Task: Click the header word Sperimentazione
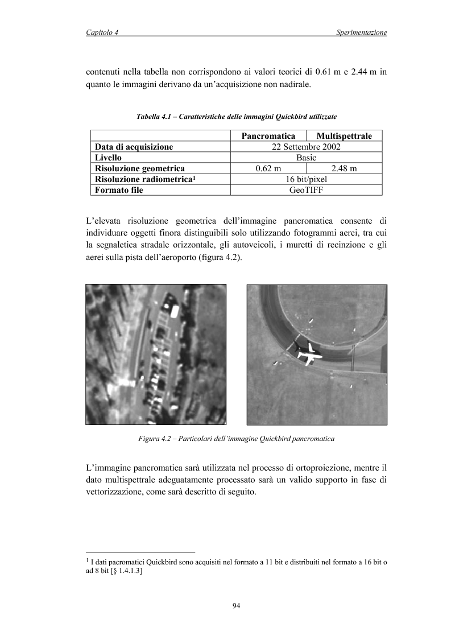[361, 33]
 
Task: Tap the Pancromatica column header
[268, 136]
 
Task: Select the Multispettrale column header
[344, 136]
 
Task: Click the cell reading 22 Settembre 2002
[306, 147]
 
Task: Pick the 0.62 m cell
[268, 168]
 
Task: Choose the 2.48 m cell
[344, 168]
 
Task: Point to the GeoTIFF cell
[306, 190]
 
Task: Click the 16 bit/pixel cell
[306, 179]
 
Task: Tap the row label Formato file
[119, 190]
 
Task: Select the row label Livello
[109, 158]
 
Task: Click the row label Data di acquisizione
[134, 147]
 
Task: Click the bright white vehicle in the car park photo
[175, 311]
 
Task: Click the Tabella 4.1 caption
[237, 117]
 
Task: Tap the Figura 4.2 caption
[236, 439]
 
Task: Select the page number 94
[237, 605]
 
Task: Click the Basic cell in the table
[306, 158]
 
